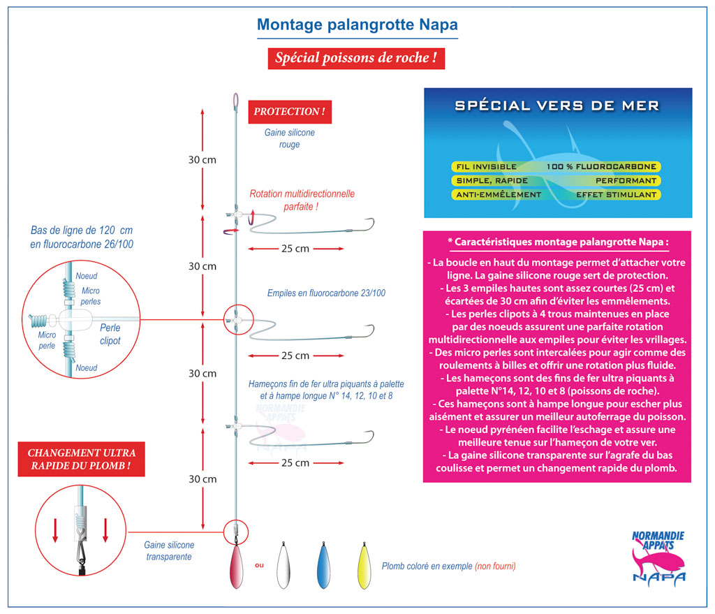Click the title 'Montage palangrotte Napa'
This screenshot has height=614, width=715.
click(x=357, y=25)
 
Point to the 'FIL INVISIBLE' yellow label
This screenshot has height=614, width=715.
click(x=486, y=167)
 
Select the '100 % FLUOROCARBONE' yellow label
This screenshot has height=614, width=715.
click(x=603, y=167)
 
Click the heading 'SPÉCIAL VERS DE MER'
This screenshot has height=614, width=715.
click(x=557, y=106)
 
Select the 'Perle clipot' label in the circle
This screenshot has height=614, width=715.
click(x=110, y=334)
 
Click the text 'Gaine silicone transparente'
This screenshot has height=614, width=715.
click(x=169, y=550)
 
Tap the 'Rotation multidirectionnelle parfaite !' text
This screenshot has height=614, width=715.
click(x=302, y=200)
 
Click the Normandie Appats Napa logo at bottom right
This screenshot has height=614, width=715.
click(x=658, y=556)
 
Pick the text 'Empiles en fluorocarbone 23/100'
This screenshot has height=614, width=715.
click(x=326, y=293)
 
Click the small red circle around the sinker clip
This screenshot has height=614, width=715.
click(x=235, y=531)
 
